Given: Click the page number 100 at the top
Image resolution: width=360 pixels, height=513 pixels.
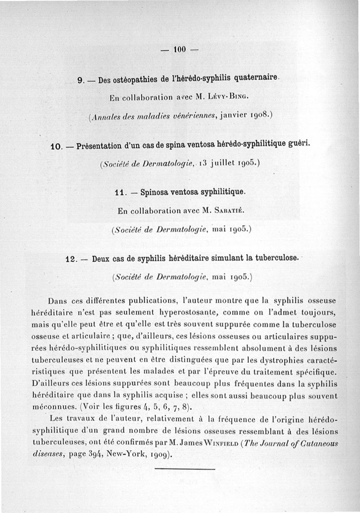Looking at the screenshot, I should pos(180,49).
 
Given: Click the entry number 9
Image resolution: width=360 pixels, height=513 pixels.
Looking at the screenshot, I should pos(81,81).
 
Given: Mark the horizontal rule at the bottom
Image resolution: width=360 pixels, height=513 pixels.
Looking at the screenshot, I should pos(184,469).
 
